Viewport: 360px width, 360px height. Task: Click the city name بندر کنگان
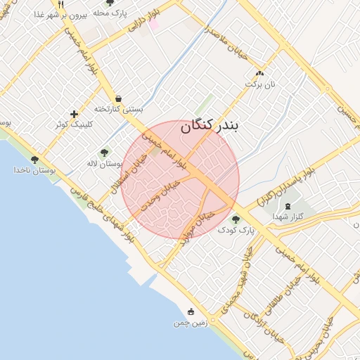(210, 126)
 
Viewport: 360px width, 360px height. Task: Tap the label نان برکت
(257, 84)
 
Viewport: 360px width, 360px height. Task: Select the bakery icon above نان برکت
(260, 73)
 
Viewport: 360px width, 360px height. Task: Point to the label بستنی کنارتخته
(118, 110)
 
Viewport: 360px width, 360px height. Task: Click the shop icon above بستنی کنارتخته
(117, 98)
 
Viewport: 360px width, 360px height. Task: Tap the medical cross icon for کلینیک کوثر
(75, 114)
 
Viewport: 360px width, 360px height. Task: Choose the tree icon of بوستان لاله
(104, 152)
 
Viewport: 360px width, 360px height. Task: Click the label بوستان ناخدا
(34, 170)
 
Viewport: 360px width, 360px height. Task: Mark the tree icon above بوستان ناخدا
(34, 160)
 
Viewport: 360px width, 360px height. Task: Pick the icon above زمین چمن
(191, 311)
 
